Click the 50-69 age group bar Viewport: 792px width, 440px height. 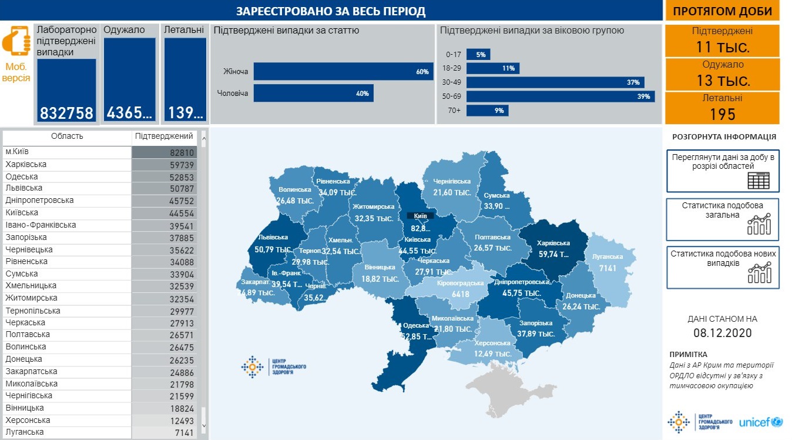561,96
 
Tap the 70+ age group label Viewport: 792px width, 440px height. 454,110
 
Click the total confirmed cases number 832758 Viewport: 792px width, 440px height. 66,113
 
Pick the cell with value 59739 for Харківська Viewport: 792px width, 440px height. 164,165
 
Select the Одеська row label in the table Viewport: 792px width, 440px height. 22,176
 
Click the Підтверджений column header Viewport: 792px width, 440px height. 164,136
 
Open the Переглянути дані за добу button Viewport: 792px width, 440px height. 723,171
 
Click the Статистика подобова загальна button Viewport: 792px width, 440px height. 723,219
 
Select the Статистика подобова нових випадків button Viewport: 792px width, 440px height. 723,267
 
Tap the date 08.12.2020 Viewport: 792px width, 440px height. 722,333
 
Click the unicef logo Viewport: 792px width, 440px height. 760,422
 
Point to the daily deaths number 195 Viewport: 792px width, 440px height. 722,114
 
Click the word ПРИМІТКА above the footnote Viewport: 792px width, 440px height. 688,354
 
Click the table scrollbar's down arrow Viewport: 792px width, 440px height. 204,425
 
